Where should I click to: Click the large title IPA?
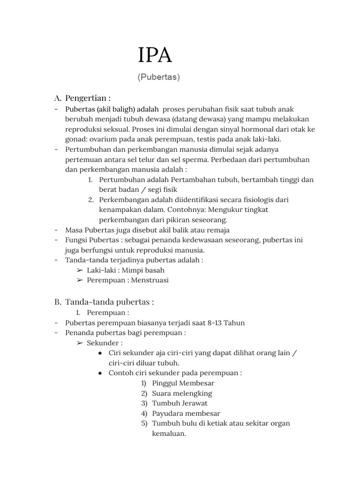point(155,55)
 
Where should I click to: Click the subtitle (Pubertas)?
point(159,77)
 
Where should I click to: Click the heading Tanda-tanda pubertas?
point(109,302)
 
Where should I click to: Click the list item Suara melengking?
point(182,393)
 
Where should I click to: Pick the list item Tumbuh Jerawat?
point(180,403)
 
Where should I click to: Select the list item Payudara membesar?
point(186,413)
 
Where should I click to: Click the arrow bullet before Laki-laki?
point(80,270)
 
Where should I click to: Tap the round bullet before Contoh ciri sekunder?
point(100,373)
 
